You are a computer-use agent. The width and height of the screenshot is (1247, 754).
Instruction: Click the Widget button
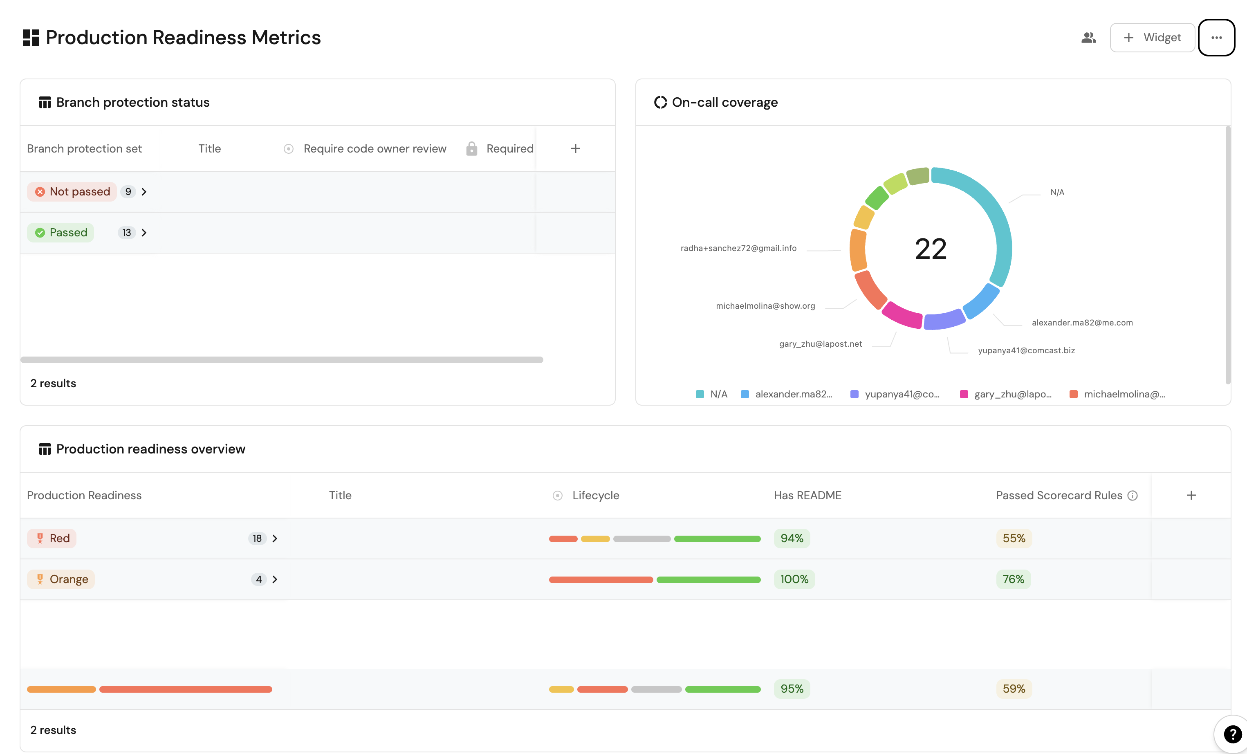(x=1152, y=38)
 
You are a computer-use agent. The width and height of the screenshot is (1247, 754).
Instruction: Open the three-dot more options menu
(x=1216, y=38)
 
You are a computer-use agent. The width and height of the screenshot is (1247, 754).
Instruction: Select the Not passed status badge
(x=72, y=192)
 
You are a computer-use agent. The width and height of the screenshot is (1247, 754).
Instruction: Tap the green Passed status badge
(x=61, y=233)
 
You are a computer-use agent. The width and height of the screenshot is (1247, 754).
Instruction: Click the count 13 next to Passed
(x=126, y=233)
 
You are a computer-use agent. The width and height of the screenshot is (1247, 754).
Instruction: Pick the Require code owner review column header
(x=375, y=149)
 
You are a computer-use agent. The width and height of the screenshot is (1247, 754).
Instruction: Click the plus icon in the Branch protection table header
(x=575, y=149)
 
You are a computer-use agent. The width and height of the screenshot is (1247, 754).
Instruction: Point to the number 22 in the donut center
(x=931, y=249)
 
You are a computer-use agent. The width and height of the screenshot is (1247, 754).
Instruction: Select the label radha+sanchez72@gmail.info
(x=738, y=248)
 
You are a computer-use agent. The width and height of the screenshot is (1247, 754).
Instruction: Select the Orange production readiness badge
(x=61, y=579)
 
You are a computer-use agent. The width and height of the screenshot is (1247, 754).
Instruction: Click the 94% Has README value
(x=792, y=539)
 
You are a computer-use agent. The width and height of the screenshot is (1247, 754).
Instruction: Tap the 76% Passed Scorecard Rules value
(x=1013, y=579)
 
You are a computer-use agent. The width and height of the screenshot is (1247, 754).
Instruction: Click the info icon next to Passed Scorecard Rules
(x=1133, y=496)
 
